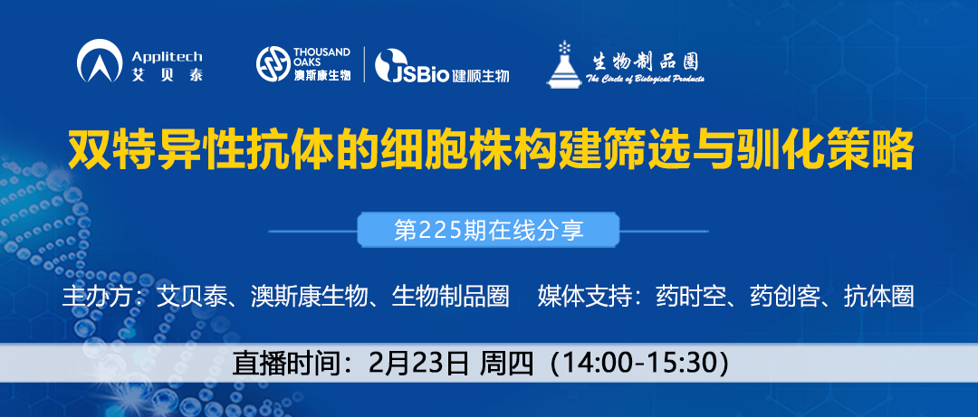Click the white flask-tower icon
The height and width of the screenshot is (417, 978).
pos(565,63)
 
